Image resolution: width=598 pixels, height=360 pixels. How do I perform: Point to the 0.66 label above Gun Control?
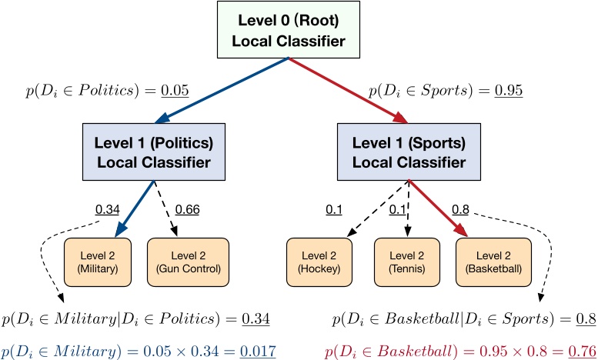(x=189, y=208)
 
